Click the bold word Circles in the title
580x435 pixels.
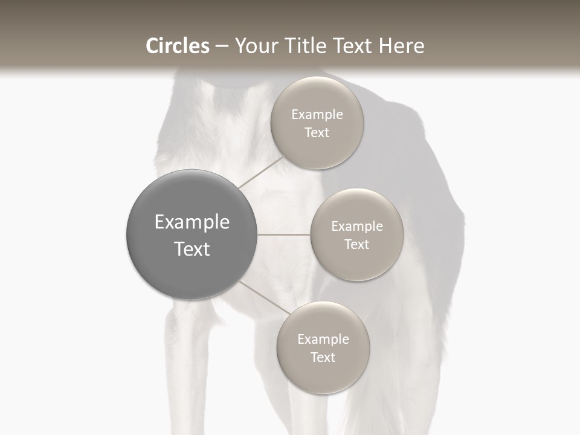177,46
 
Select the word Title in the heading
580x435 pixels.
313,46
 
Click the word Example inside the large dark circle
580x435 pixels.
192,222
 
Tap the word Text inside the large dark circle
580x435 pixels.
192,249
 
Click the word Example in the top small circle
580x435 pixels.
317,115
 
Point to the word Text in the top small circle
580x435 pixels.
317,133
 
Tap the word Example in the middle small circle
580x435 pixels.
356,227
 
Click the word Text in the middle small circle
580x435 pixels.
356,245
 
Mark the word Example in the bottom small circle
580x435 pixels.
323,340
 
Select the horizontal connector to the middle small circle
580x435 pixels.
283,234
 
